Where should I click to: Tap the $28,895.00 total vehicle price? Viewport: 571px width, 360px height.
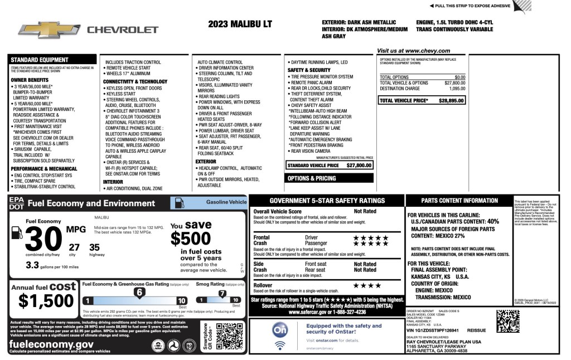click(452, 101)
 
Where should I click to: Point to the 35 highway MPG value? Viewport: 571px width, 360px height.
click(94, 247)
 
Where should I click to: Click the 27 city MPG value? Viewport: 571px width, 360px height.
click(74, 247)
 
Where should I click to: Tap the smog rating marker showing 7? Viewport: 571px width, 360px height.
click(222, 293)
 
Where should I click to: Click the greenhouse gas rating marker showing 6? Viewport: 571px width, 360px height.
click(139, 291)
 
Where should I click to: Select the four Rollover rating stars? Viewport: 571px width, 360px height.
click(367, 286)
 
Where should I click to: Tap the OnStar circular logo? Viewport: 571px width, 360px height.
click(280, 330)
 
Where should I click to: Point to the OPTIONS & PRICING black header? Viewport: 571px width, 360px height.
click(311, 178)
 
